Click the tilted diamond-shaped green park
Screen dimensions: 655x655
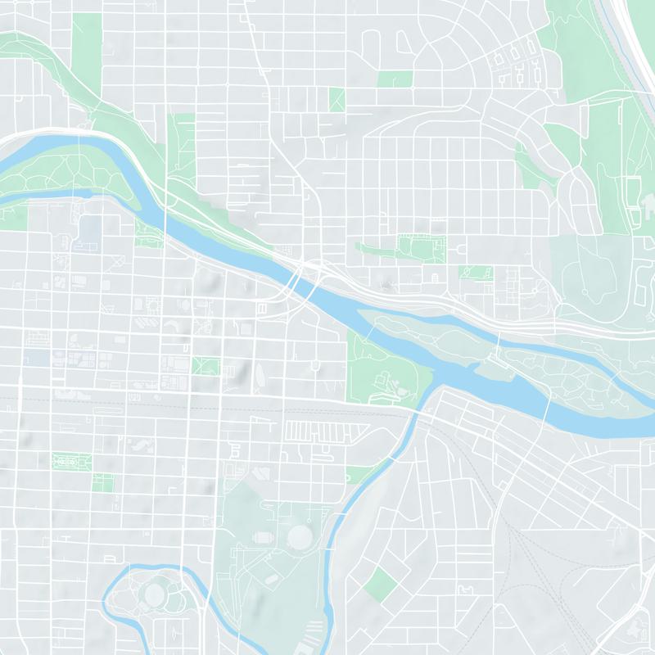[380, 584]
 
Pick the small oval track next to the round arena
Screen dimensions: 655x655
[263, 538]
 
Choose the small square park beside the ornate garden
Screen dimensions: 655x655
[102, 482]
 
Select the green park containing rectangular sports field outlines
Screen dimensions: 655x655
[420, 246]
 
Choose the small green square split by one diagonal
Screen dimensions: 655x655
[337, 100]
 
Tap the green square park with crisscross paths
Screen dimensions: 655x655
[206, 365]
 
